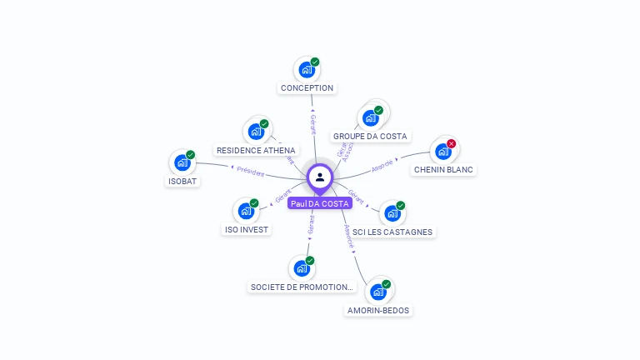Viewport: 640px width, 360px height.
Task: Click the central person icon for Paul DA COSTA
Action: (320, 177)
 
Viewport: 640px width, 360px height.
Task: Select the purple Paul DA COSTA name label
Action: (320, 203)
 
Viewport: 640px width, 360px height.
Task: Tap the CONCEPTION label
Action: (307, 88)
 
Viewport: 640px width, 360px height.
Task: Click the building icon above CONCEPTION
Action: (306, 70)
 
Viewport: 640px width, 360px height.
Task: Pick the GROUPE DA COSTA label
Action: (370, 136)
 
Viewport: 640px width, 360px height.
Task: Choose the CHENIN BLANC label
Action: (443, 169)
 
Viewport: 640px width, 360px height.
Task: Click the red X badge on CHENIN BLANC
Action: (452, 144)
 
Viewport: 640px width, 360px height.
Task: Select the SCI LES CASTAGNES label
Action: (394, 232)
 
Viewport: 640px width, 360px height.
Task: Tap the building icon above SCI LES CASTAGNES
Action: (392, 213)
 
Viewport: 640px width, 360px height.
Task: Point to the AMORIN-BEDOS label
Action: (378, 310)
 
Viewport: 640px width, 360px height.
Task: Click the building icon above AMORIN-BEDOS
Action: (378, 292)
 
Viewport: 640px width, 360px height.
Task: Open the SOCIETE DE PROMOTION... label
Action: (302, 287)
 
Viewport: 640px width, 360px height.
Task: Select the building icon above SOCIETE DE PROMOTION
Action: (301, 268)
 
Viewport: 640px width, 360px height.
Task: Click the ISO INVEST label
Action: (247, 229)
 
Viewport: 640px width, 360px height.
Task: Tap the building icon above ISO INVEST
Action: (246, 211)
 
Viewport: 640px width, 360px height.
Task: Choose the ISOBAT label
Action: (182, 181)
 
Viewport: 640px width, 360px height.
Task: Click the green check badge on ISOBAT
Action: (191, 155)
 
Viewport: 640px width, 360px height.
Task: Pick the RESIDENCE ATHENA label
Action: (256, 150)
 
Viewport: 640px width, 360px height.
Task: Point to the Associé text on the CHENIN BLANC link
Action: (382, 166)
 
